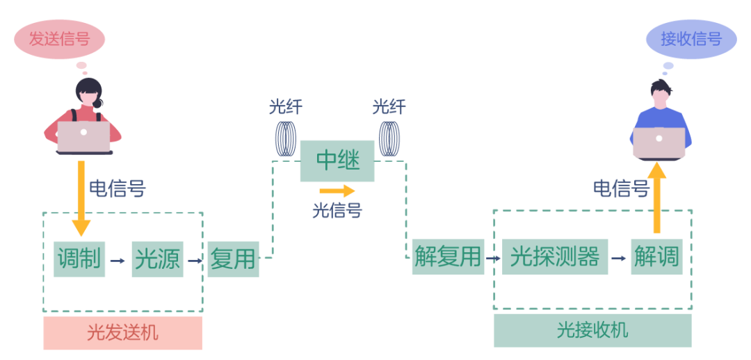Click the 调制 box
point(79,259)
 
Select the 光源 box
point(157,259)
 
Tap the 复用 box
point(233,259)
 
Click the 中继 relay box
point(337,161)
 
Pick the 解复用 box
point(448,257)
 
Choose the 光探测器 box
point(555,257)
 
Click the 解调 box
point(656,257)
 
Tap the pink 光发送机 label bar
point(122,333)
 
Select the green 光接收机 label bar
point(592,330)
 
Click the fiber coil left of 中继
point(285,138)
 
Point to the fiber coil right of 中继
point(389,138)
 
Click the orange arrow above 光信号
point(337,190)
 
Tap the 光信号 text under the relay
point(337,210)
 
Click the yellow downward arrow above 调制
point(81,199)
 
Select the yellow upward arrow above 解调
point(656,197)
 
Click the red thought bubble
point(60,40)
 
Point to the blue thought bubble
point(691,39)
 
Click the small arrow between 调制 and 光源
point(118,261)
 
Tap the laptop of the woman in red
point(83,136)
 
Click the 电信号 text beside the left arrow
point(118,188)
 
